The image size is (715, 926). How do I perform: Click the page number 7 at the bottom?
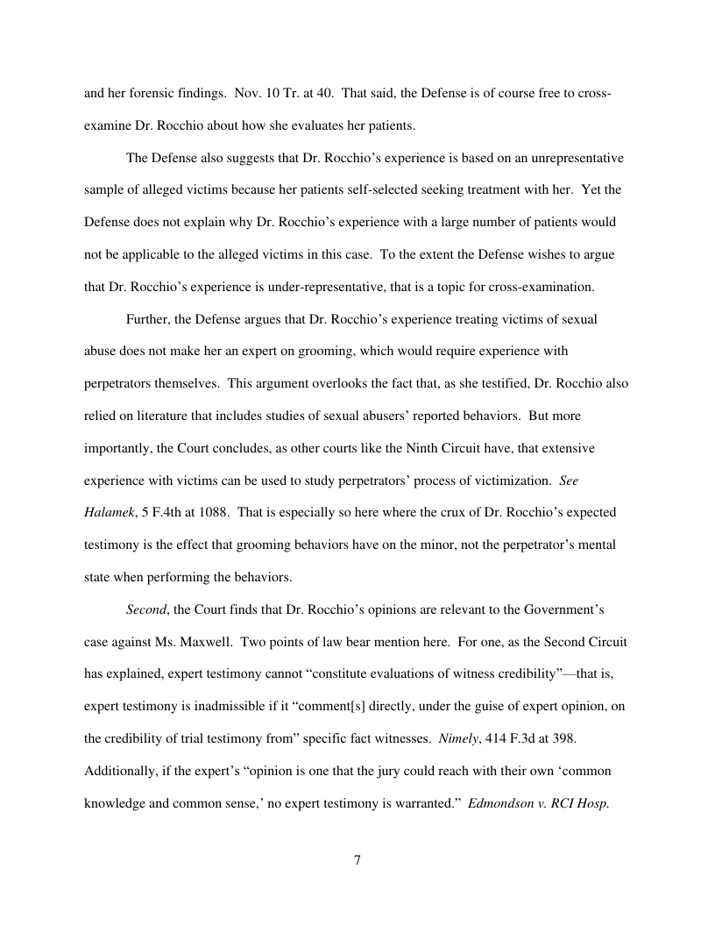pyautogui.click(x=357, y=860)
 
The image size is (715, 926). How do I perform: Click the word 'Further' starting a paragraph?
pyautogui.click(x=148, y=319)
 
